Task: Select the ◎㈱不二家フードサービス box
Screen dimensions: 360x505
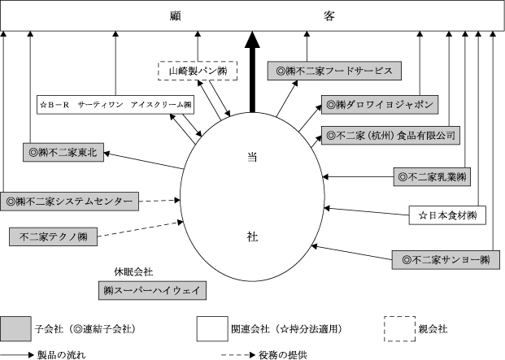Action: click(x=333, y=72)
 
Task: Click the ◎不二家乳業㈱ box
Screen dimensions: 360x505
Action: click(x=431, y=176)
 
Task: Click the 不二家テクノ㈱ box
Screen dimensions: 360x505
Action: click(x=53, y=236)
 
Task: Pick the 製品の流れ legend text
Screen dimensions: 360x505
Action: click(x=62, y=354)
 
